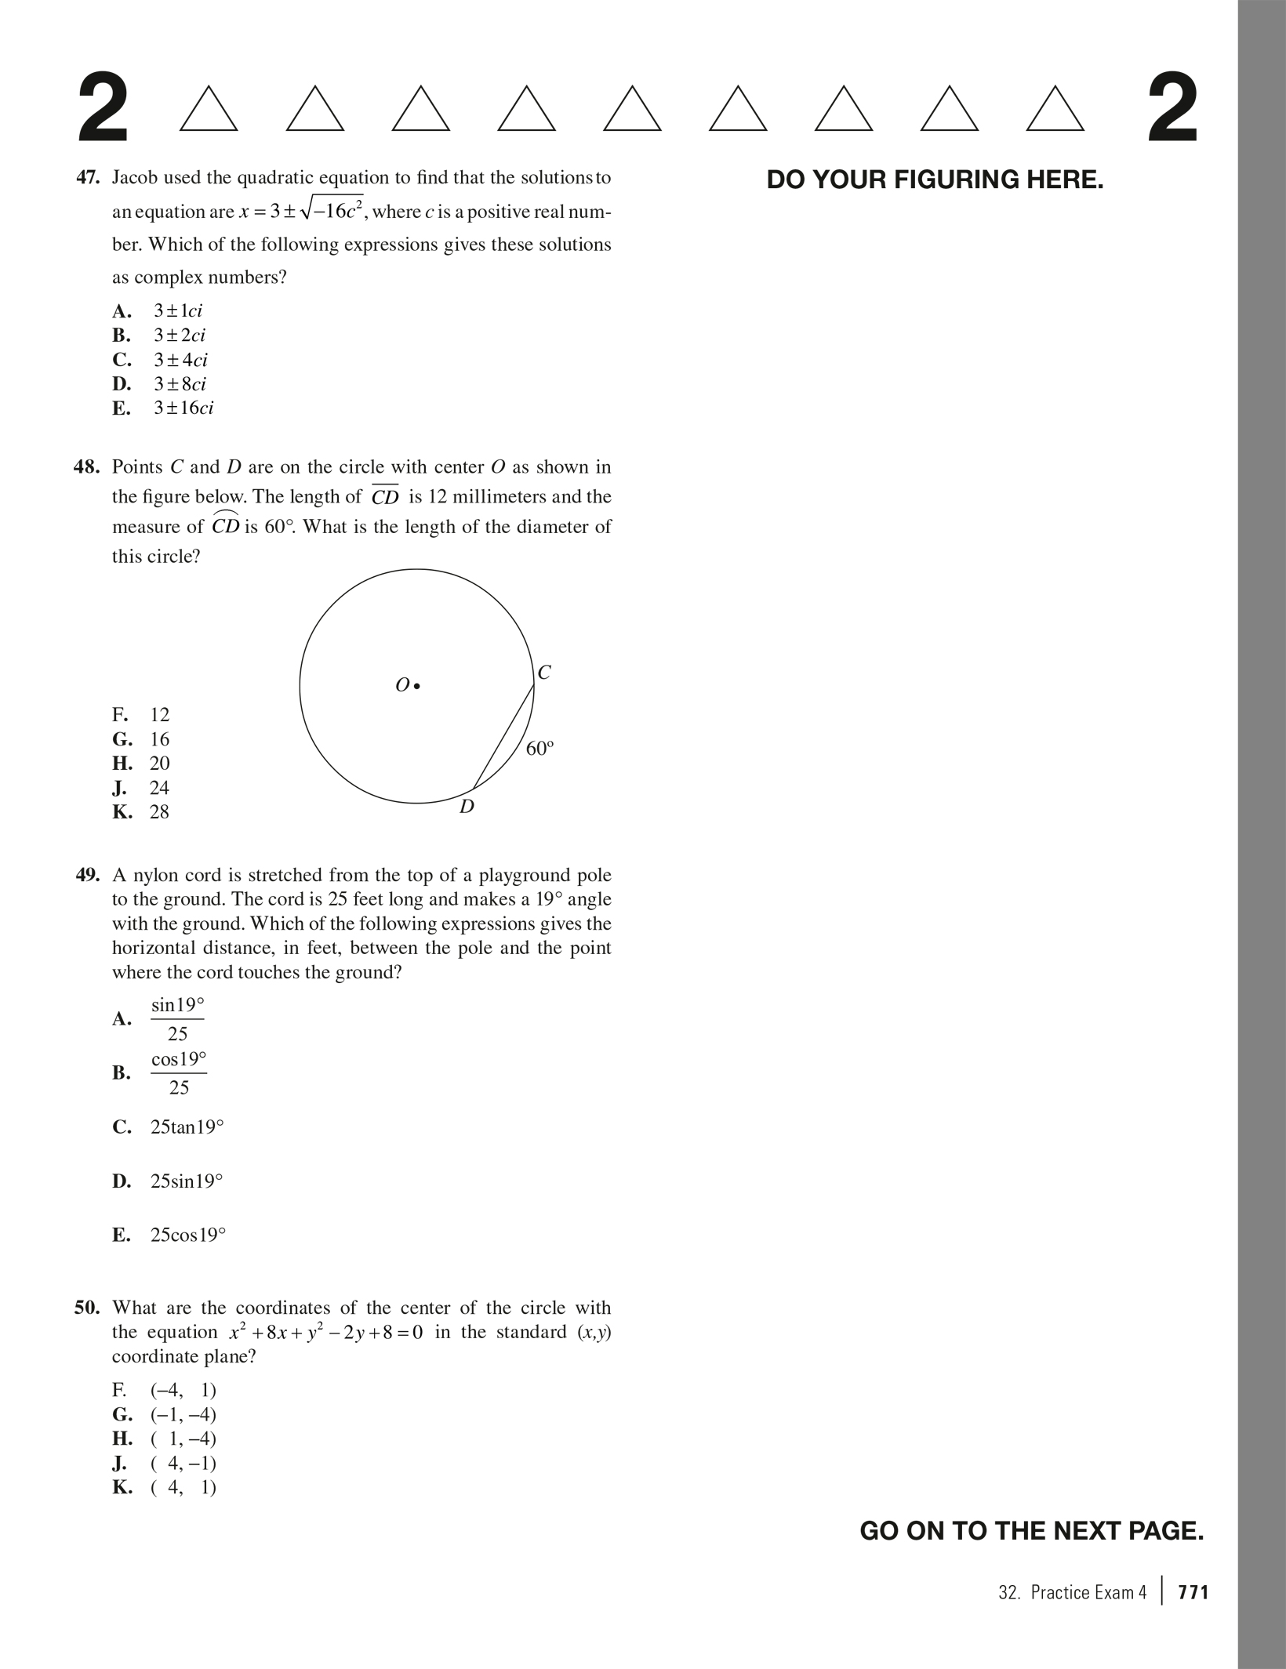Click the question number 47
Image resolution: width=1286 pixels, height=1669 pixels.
pos(88,178)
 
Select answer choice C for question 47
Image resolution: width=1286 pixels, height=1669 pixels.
pos(180,360)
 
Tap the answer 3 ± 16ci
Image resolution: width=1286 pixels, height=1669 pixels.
pos(183,408)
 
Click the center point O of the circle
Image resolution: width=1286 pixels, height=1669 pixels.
pos(417,686)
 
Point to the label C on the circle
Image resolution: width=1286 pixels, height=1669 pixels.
pos(544,673)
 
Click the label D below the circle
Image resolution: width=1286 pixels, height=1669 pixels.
pos(467,807)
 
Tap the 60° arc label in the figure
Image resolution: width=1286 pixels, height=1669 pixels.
pos(539,749)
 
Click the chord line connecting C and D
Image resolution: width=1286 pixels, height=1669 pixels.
pos(503,737)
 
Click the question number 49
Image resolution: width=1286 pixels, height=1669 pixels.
pos(88,875)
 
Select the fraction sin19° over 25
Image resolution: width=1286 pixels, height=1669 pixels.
pos(177,1019)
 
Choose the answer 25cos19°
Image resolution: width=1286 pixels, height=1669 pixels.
pos(187,1235)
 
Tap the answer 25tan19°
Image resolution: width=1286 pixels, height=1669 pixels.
pos(187,1127)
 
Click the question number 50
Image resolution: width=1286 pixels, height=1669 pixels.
pos(88,1308)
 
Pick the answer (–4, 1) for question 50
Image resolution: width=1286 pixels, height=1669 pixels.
pos(183,1391)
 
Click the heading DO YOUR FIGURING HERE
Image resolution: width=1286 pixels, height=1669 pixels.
pos(935,180)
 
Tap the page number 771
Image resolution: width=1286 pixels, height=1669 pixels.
pos(1193,1591)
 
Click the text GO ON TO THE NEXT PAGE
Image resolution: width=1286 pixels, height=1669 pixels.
pos(1031,1530)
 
